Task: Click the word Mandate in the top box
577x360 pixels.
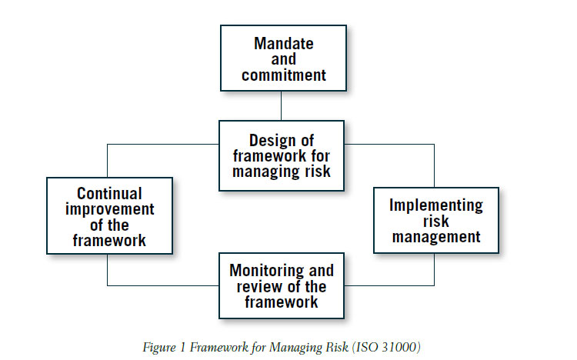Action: pyautogui.click(x=284, y=43)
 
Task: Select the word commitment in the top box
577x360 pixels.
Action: pyautogui.click(x=284, y=75)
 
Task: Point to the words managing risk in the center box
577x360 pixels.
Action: pyautogui.click(x=282, y=172)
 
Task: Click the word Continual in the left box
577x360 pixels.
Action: pyautogui.click(x=109, y=194)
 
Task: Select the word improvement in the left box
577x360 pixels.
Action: pyautogui.click(x=110, y=209)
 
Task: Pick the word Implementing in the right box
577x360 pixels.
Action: pyautogui.click(x=436, y=205)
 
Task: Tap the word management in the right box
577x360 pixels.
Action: pyautogui.click(x=436, y=237)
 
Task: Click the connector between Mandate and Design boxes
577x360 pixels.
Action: pyautogui.click(x=281, y=105)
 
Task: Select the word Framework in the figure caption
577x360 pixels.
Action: pyautogui.click(x=219, y=347)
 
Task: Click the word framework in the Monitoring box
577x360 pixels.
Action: pyautogui.click(x=282, y=302)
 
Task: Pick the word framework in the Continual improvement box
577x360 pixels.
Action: pyautogui.click(x=109, y=241)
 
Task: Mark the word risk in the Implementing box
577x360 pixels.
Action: pyautogui.click(x=436, y=222)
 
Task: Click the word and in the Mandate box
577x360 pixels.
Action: pyautogui.click(x=284, y=59)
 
